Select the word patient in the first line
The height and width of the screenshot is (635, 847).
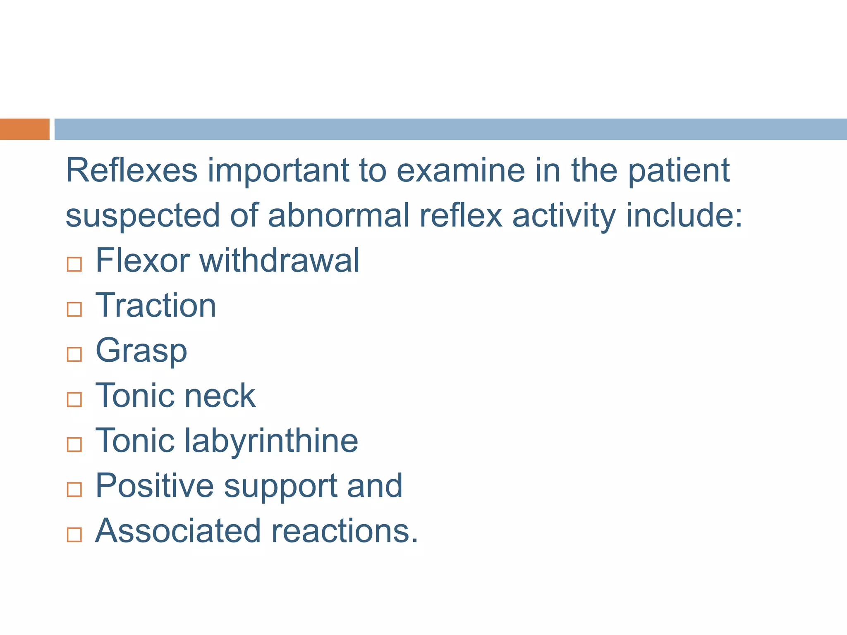(x=679, y=171)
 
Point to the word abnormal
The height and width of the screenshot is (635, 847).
(x=338, y=215)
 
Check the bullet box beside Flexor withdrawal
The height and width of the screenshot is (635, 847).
(x=74, y=264)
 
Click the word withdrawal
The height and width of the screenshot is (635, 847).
(x=280, y=260)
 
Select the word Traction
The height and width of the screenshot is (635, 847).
(x=156, y=306)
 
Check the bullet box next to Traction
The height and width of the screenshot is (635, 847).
(x=74, y=309)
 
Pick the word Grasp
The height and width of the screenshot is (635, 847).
(x=141, y=351)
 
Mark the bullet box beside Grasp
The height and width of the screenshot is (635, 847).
(x=74, y=354)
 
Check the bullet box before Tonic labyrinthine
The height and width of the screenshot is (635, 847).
(x=74, y=444)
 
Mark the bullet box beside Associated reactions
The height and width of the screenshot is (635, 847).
(x=74, y=535)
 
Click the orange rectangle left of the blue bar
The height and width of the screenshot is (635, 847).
(x=25, y=129)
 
